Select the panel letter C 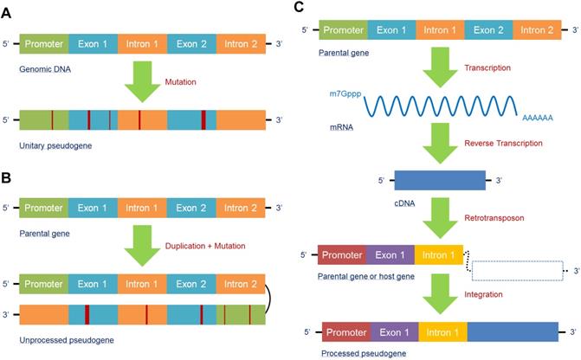(300, 8)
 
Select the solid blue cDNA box (440, 181)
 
